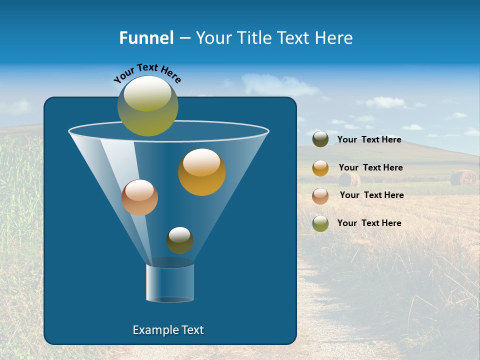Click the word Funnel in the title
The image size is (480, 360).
point(146,38)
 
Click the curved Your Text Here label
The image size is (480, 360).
point(147,73)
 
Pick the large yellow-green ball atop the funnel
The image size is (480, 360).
point(148,105)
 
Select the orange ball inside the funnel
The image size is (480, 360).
point(201,172)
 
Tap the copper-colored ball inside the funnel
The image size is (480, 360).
point(139,197)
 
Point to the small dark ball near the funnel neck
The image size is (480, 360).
point(179,240)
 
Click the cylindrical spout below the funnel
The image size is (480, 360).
point(170,282)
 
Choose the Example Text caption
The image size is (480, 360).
point(168,330)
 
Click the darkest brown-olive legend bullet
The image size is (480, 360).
point(320,139)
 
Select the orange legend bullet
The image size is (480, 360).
point(320,168)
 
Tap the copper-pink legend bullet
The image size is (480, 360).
point(320,195)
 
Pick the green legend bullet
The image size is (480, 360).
point(320,223)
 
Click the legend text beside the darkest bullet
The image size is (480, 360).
point(369,140)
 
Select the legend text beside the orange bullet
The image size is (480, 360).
point(370,167)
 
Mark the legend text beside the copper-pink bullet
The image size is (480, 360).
point(371,195)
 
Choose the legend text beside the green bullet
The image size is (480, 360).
point(369,223)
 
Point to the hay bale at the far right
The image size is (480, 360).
point(463,178)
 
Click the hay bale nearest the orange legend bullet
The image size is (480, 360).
point(349,179)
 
